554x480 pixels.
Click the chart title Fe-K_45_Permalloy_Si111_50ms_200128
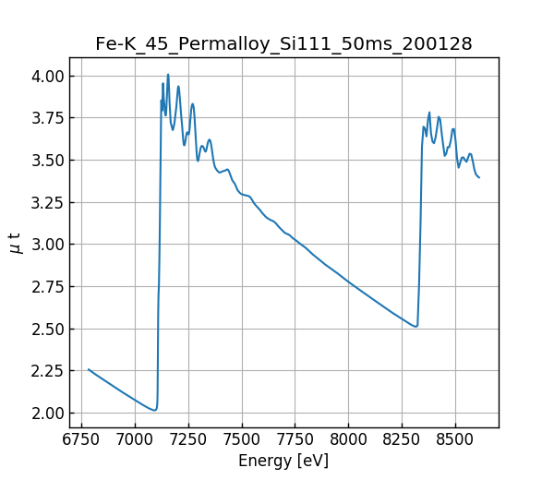point(283,43)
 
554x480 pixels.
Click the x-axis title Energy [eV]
point(283,461)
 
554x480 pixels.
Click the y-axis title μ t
point(15,243)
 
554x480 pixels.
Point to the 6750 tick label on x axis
point(81,440)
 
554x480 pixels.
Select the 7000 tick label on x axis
point(135,440)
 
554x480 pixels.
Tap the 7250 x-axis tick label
point(188,440)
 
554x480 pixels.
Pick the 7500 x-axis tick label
point(242,440)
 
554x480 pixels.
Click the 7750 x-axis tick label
point(295,440)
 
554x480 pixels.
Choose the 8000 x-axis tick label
point(349,440)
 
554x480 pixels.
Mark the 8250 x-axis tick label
point(403,440)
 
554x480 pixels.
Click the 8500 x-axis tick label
point(456,440)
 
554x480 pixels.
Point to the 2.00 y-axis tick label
point(48,413)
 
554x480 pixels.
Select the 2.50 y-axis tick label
point(48,329)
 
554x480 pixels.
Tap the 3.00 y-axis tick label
point(48,245)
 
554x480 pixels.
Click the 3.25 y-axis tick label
point(48,202)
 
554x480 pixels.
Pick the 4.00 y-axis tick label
point(48,76)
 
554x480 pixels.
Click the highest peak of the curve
point(168,75)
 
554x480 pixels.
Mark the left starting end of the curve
point(89,369)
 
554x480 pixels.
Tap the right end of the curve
point(479,177)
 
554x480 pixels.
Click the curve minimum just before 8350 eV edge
point(415,327)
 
